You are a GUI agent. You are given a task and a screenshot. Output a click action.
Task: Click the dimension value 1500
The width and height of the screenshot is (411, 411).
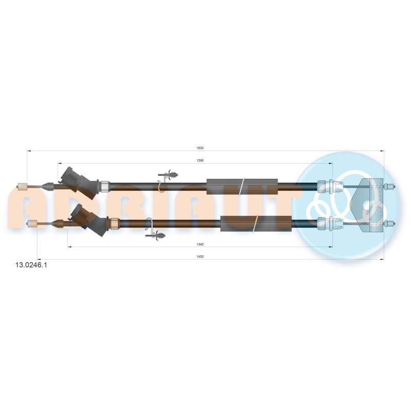tap(200, 148)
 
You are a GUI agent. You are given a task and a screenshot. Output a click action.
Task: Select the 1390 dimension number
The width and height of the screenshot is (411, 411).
tap(200, 160)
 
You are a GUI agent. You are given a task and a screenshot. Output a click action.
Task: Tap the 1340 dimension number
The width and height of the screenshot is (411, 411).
tap(200, 245)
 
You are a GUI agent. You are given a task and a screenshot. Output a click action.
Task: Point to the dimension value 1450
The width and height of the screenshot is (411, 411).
tap(200, 256)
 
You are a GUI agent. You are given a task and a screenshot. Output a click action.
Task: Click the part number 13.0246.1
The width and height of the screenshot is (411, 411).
tap(31, 265)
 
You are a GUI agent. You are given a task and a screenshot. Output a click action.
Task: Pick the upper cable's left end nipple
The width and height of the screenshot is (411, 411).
tap(22, 186)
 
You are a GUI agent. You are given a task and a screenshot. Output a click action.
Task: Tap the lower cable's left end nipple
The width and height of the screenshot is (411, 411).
tap(32, 223)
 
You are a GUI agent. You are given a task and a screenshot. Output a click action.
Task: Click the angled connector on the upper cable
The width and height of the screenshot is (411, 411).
tap(78, 183)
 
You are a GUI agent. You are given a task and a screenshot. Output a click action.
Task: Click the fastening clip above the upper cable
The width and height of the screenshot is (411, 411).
tap(169, 175)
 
